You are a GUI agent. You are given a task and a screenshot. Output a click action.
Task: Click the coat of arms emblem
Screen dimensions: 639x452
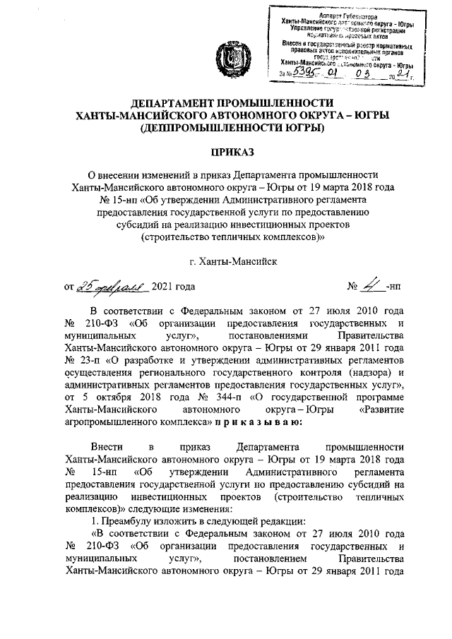(x=234, y=56)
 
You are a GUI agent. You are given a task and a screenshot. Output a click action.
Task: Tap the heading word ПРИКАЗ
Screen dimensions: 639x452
(x=234, y=150)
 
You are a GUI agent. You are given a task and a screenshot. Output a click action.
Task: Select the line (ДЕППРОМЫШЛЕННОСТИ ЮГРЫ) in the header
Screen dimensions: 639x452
(x=234, y=128)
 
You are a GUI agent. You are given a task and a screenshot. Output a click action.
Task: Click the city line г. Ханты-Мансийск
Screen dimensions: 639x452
(x=234, y=261)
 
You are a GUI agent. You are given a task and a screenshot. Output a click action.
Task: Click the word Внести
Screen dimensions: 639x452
(x=107, y=447)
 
